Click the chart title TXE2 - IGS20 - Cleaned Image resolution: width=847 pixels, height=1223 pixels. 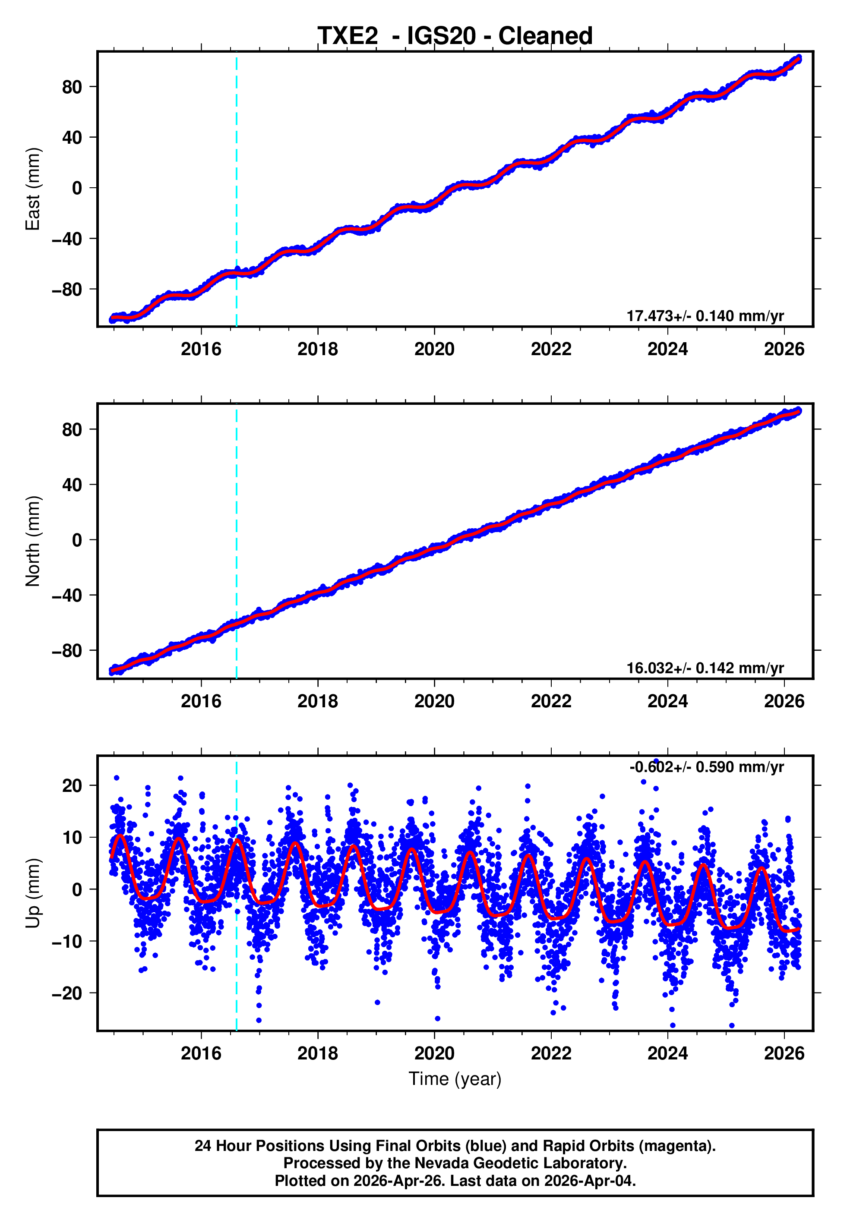(x=455, y=36)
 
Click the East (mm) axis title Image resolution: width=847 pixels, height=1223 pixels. (x=33, y=189)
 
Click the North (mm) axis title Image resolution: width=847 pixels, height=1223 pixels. (x=33, y=541)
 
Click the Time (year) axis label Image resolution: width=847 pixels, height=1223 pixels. (x=455, y=1079)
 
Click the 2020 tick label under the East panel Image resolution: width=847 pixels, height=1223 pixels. (x=434, y=349)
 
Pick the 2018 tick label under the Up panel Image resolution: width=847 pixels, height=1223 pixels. (x=317, y=1053)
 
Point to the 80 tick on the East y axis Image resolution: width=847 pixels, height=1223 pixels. (x=72, y=87)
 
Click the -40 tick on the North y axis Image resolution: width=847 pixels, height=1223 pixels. (x=67, y=596)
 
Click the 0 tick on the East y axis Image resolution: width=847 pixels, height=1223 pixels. (x=77, y=188)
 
